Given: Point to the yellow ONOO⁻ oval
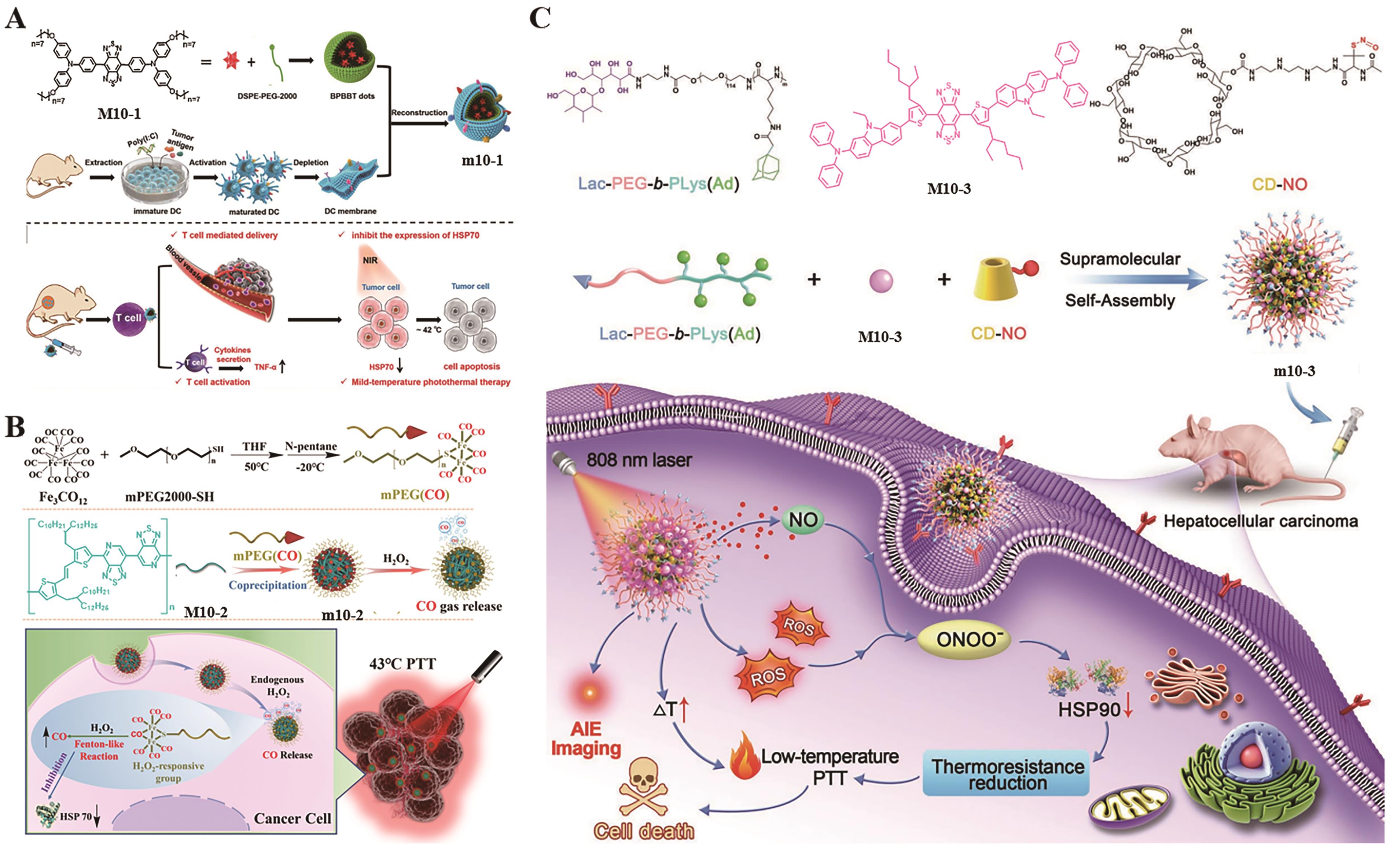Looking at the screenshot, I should coord(968,640).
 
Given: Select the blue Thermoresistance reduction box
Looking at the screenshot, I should coord(1007,774).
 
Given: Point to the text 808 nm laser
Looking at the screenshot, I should coord(639,460).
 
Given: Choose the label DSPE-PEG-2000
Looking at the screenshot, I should coord(267,96).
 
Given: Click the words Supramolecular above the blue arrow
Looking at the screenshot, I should coord(1120,259).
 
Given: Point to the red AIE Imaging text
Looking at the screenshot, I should coord(586,739).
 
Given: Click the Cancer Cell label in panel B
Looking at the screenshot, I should coord(292,818).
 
